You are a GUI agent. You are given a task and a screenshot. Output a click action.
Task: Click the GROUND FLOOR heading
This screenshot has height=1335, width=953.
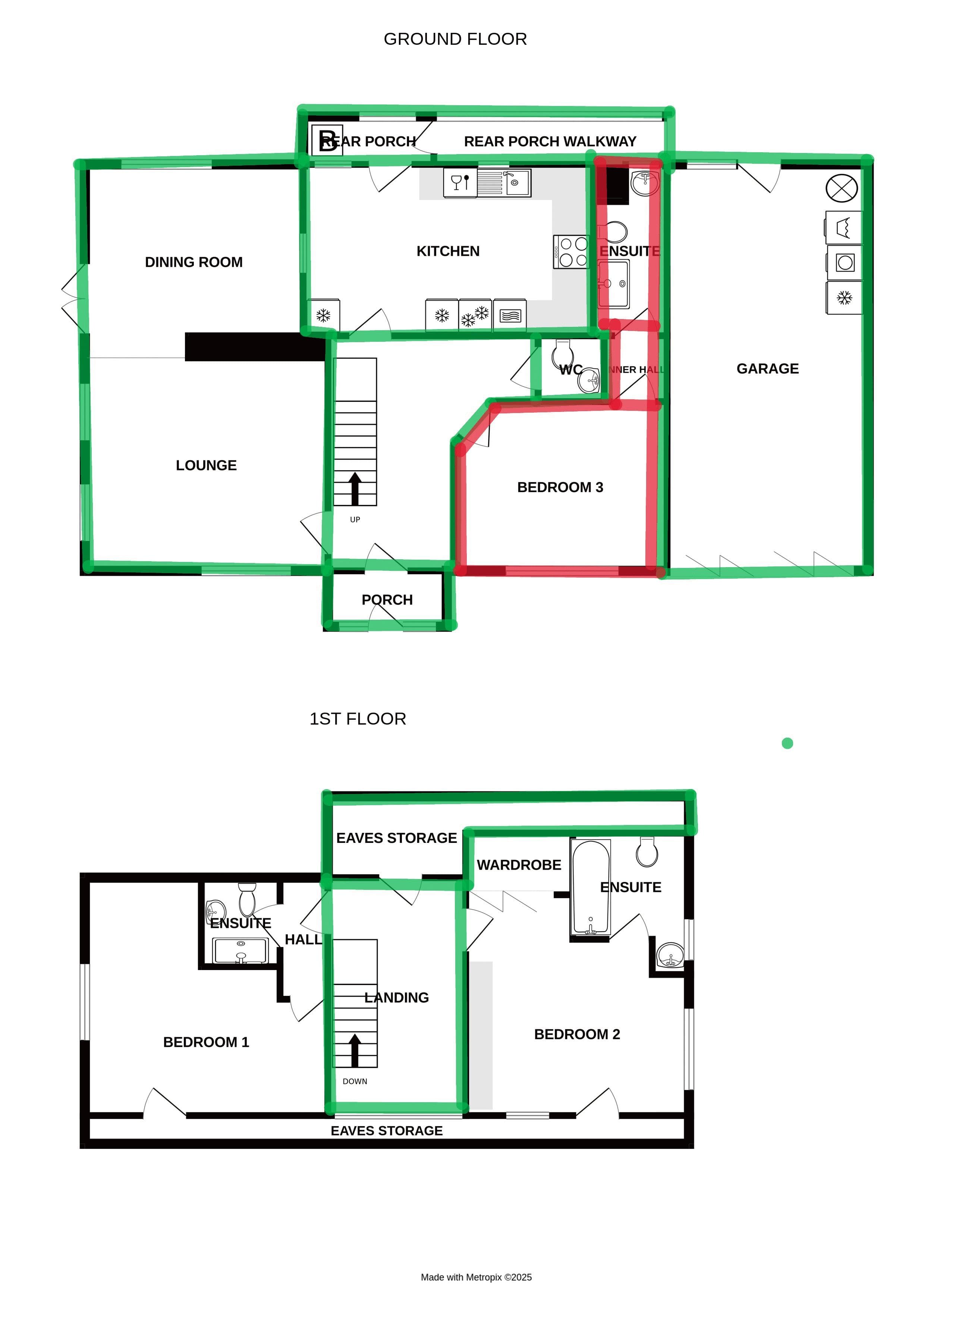pos(455,39)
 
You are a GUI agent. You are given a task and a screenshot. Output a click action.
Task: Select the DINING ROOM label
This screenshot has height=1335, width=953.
pos(194,262)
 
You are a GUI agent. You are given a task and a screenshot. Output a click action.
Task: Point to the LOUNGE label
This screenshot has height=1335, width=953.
pos(206,466)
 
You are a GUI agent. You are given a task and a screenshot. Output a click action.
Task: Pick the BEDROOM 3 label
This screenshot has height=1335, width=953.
pos(560,487)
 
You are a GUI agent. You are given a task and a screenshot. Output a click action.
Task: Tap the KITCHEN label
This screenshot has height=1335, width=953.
pos(448,251)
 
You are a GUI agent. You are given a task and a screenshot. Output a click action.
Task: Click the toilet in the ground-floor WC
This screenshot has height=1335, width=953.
pos(563,352)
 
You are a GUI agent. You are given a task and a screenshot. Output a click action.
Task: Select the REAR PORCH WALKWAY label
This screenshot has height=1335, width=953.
pos(550,141)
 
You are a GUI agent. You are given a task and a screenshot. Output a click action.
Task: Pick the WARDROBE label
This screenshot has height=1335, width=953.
pos(519,865)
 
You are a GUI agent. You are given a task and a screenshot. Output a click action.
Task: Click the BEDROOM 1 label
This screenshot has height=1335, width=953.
pos(206,1042)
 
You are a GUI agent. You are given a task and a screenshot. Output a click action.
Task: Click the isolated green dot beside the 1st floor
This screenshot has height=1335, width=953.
pos(787,743)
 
